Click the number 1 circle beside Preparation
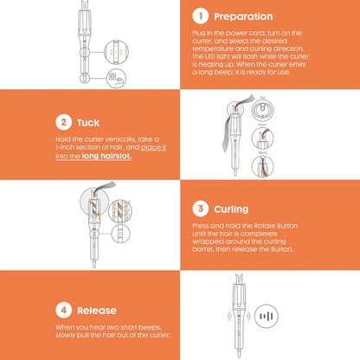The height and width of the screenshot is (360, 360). click(x=200, y=16)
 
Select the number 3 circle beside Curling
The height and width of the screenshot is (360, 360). click(x=200, y=209)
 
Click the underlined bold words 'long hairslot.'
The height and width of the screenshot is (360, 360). click(x=106, y=157)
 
